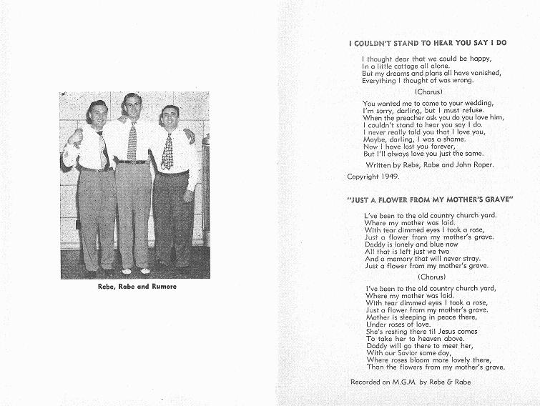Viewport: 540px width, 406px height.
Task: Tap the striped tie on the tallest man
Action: coord(132,140)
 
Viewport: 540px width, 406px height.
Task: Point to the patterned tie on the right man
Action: coord(167,151)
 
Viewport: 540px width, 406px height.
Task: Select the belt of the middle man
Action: coord(132,162)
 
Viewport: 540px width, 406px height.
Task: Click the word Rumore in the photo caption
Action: coord(161,287)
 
